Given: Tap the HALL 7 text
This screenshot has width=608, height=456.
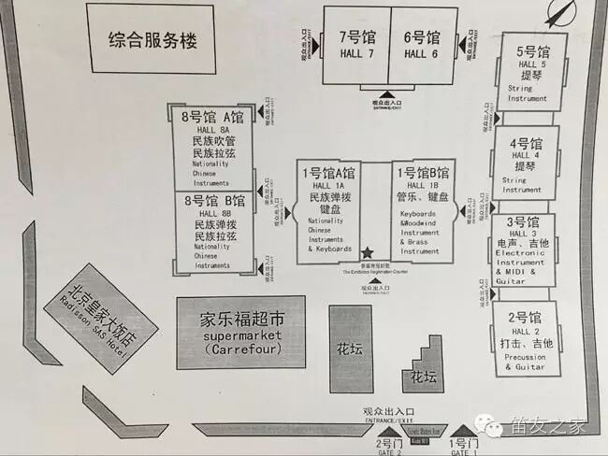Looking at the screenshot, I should tap(356, 54).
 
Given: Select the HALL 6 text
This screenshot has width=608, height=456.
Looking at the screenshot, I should tap(421, 54).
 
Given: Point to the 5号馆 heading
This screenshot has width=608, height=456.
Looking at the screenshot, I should tap(532, 51).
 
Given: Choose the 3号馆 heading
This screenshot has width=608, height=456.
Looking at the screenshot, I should tap(523, 222).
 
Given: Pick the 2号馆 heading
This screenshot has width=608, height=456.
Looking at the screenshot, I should tap(526, 317).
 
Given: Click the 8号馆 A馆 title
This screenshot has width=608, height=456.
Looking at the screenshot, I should tap(214, 117).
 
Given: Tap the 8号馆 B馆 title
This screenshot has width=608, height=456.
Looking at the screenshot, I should tap(214, 200).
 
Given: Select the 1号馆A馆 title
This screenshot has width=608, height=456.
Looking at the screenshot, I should tap(328, 174).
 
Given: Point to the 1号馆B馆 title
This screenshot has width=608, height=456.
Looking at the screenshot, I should tap(422, 174).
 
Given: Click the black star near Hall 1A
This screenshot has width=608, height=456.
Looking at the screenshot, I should tap(367, 253).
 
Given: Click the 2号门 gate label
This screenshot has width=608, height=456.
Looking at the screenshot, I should tap(388, 442).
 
